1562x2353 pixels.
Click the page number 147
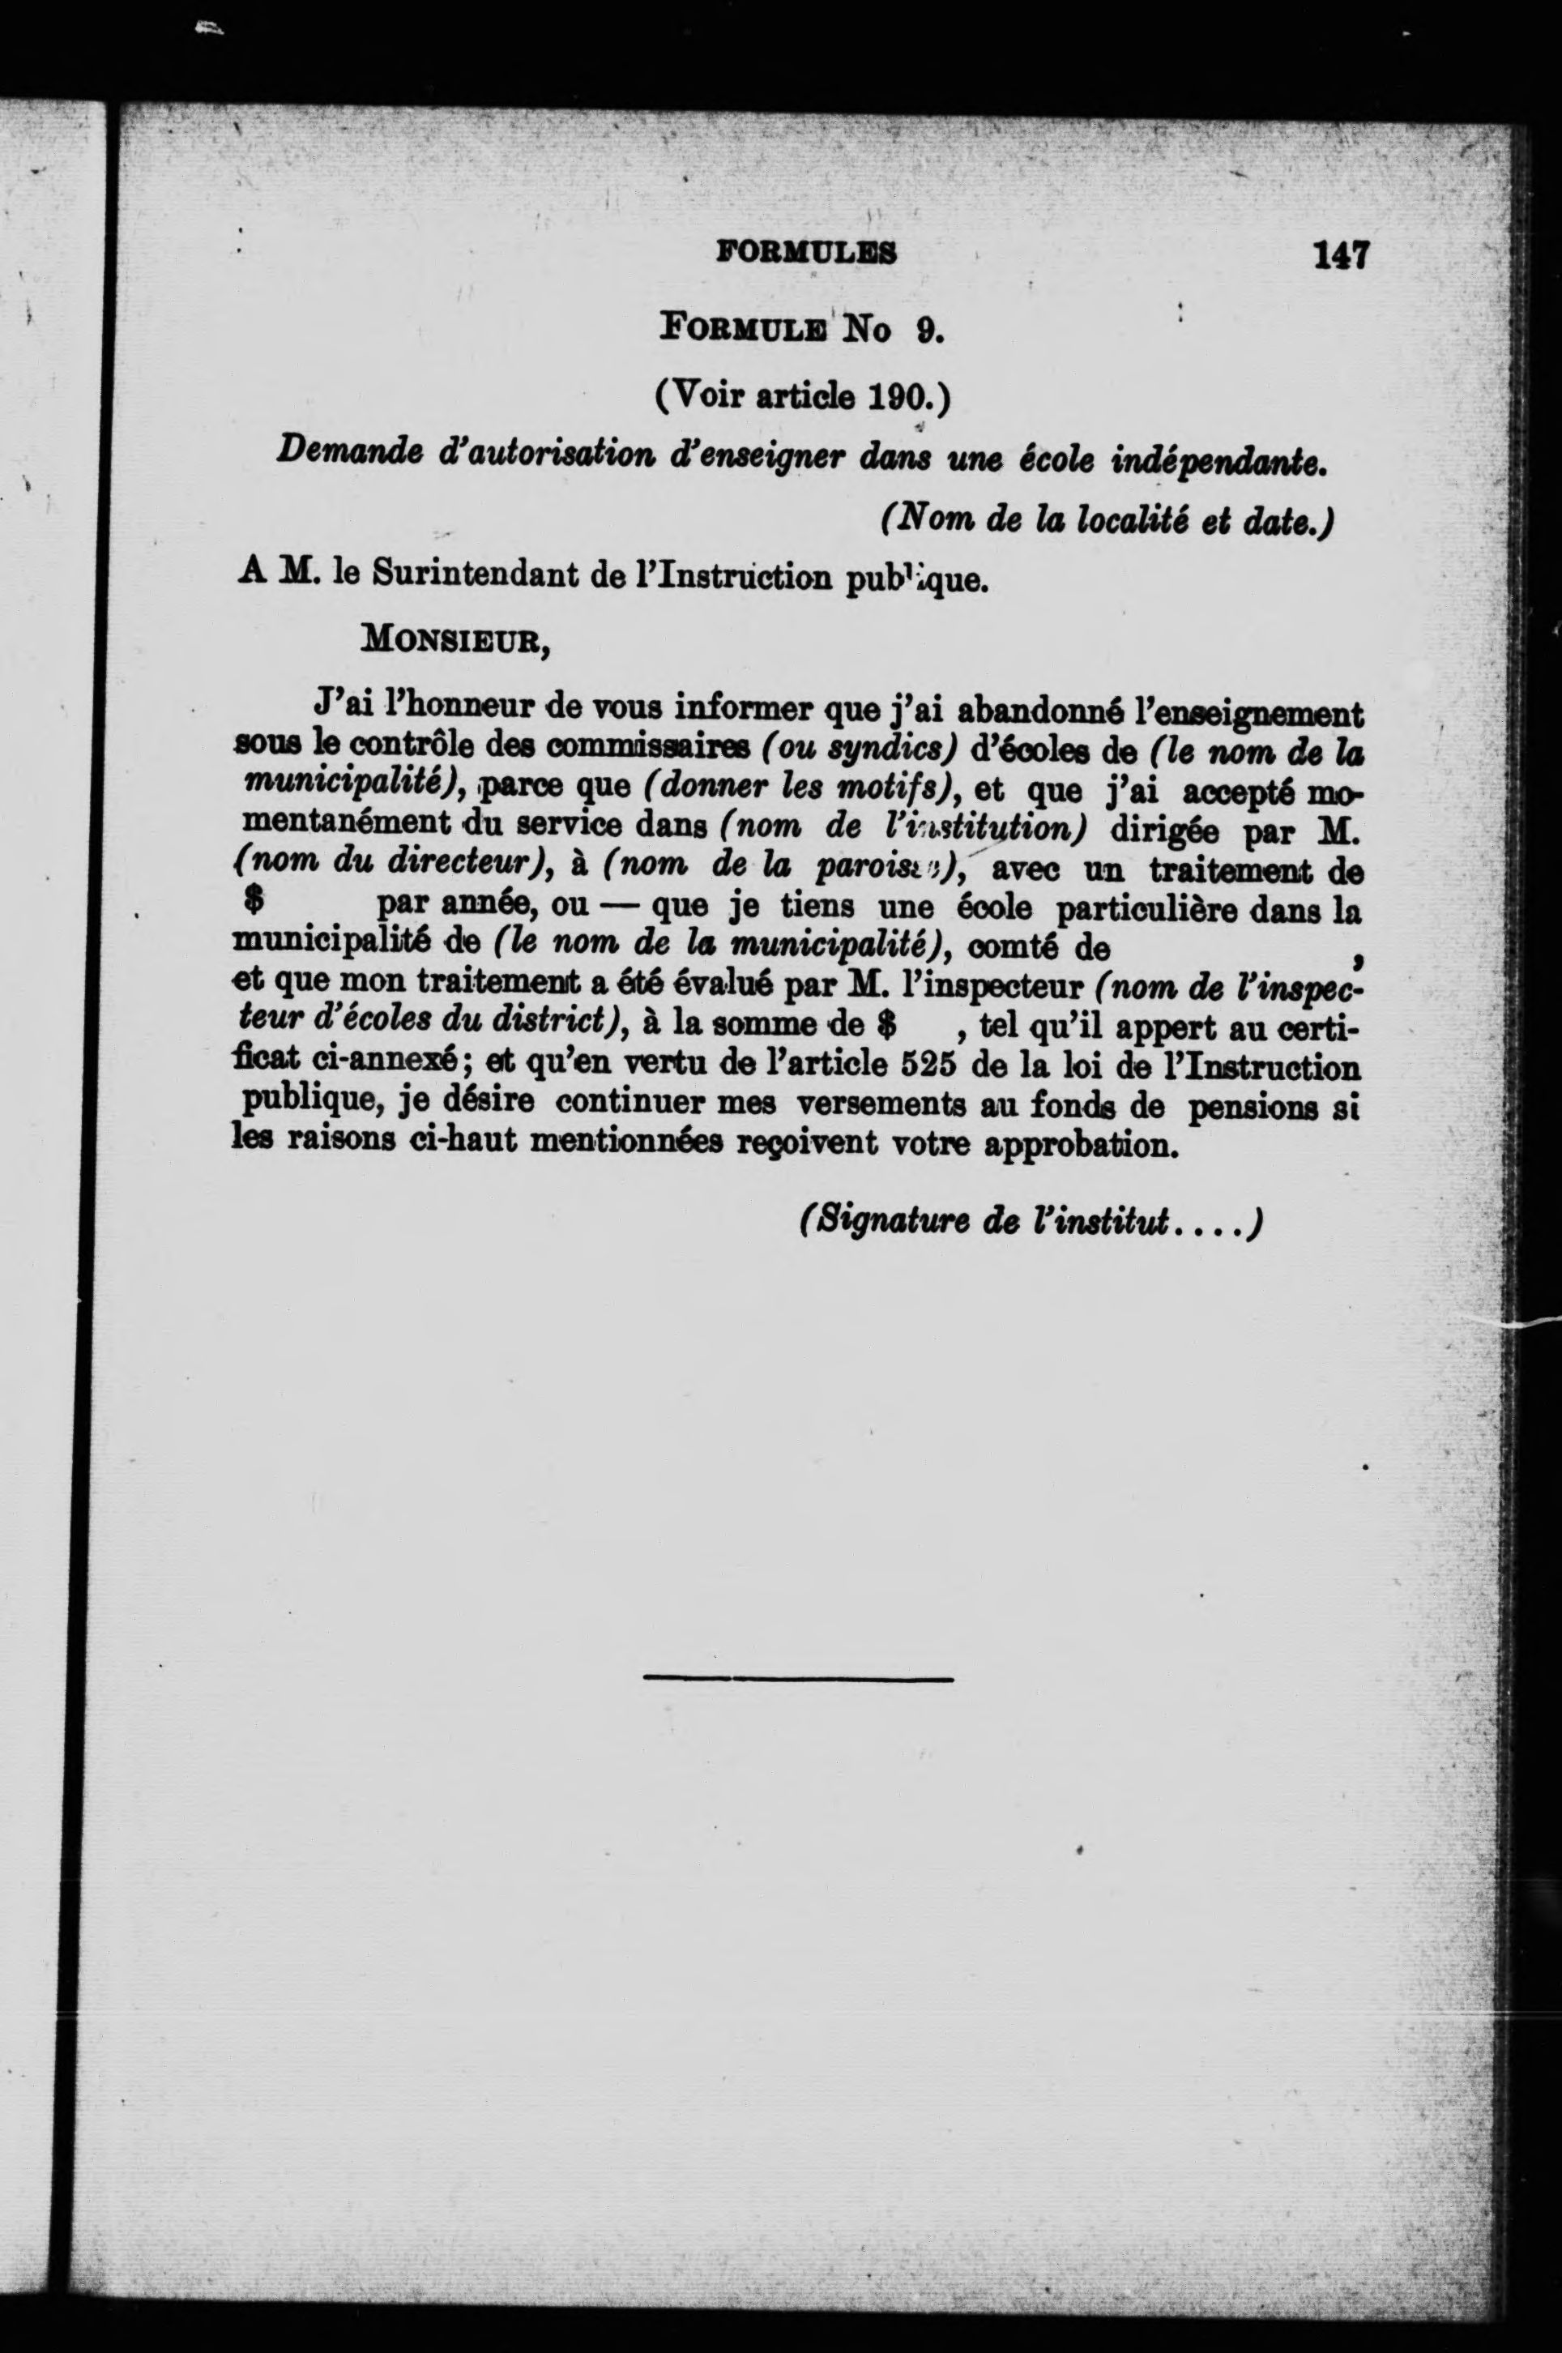[x=1342, y=256]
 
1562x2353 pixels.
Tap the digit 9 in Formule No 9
[x=927, y=329]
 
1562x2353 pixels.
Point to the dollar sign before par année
[x=252, y=903]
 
